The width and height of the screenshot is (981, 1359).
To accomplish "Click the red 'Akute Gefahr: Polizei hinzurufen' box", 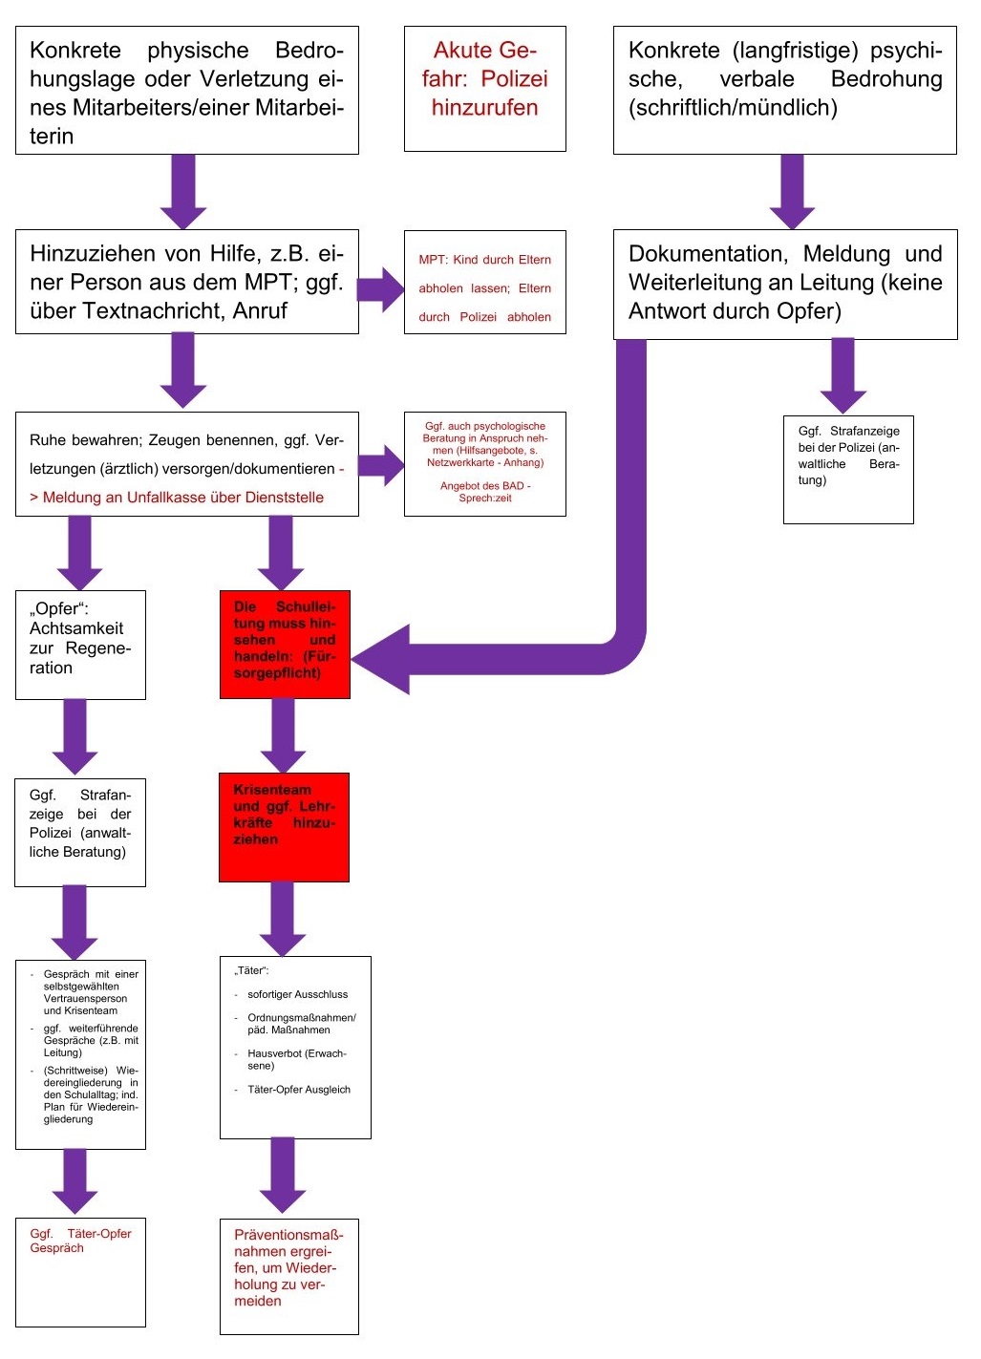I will coord(484,88).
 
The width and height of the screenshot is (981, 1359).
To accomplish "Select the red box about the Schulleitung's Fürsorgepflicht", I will coord(285,644).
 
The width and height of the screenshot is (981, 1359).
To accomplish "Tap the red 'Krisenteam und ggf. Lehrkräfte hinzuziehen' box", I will coord(284,826).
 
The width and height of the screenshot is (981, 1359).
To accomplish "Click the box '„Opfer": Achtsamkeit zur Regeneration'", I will coord(80,644).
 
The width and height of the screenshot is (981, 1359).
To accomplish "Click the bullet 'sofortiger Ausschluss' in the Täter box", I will coord(297,994).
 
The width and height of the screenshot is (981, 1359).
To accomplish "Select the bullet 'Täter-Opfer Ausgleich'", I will coord(298,1090).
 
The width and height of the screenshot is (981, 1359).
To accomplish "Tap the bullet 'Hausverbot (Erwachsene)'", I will coord(296,1059).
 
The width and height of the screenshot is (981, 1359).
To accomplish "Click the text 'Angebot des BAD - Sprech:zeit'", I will coord(484,492).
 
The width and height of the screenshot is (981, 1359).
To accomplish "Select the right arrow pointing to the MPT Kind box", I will coord(381,288).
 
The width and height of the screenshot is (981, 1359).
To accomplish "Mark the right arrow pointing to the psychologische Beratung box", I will coord(381,465).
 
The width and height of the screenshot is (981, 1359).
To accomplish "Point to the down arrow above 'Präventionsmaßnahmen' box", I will coord(283,1175).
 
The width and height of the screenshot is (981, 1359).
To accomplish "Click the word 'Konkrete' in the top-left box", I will coord(75,51).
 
